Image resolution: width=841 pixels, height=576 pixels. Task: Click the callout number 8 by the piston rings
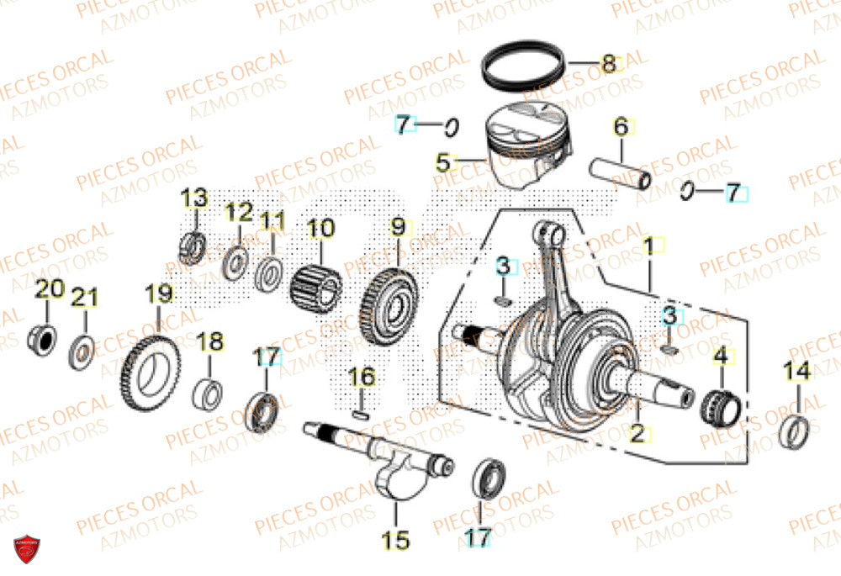(x=608, y=63)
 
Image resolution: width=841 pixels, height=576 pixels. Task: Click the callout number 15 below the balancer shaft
(x=396, y=539)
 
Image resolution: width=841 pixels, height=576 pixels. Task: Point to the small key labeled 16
(x=361, y=412)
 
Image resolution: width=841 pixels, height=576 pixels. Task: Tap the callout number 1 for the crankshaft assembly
(x=648, y=246)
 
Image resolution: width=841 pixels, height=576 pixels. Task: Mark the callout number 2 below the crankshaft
(x=637, y=434)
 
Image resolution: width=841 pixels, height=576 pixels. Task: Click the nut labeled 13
(x=194, y=244)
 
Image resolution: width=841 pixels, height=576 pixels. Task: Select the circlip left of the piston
(x=451, y=128)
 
